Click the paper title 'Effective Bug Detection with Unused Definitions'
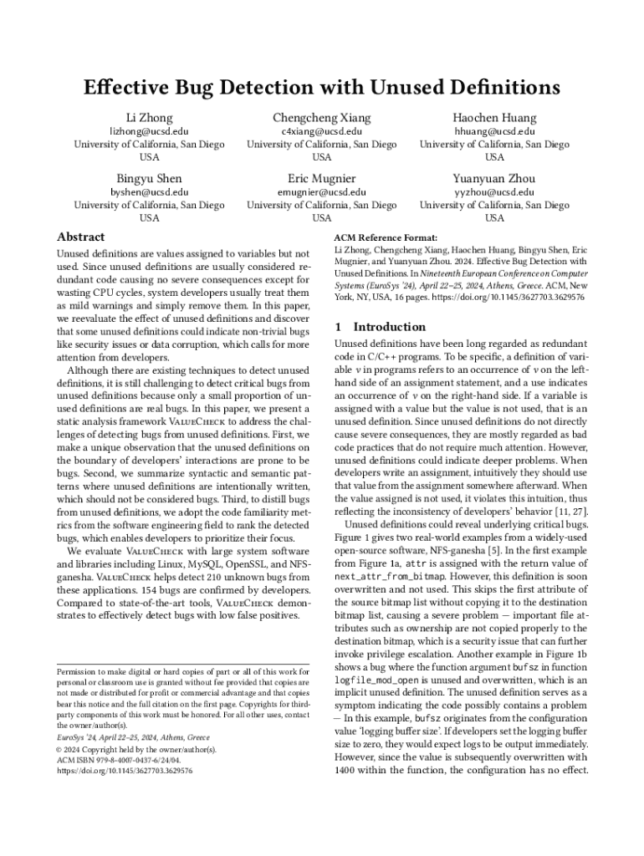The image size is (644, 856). [x=322, y=88]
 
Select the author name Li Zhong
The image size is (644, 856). [x=149, y=118]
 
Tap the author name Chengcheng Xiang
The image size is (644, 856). [x=322, y=118]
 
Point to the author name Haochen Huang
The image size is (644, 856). [x=494, y=118]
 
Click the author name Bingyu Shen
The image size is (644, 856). [x=149, y=178]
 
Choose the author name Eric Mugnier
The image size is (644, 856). [x=322, y=178]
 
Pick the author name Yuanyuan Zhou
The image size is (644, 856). [x=494, y=178]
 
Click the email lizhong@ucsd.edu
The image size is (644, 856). [x=149, y=132]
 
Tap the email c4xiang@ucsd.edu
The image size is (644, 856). [x=322, y=132]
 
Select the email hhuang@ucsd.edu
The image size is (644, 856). [x=494, y=132]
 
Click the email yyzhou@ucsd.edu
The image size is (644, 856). [x=494, y=192]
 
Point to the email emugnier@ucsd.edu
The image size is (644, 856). [x=322, y=192]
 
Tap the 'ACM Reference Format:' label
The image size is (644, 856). [x=385, y=237]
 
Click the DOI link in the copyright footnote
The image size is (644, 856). [x=125, y=771]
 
